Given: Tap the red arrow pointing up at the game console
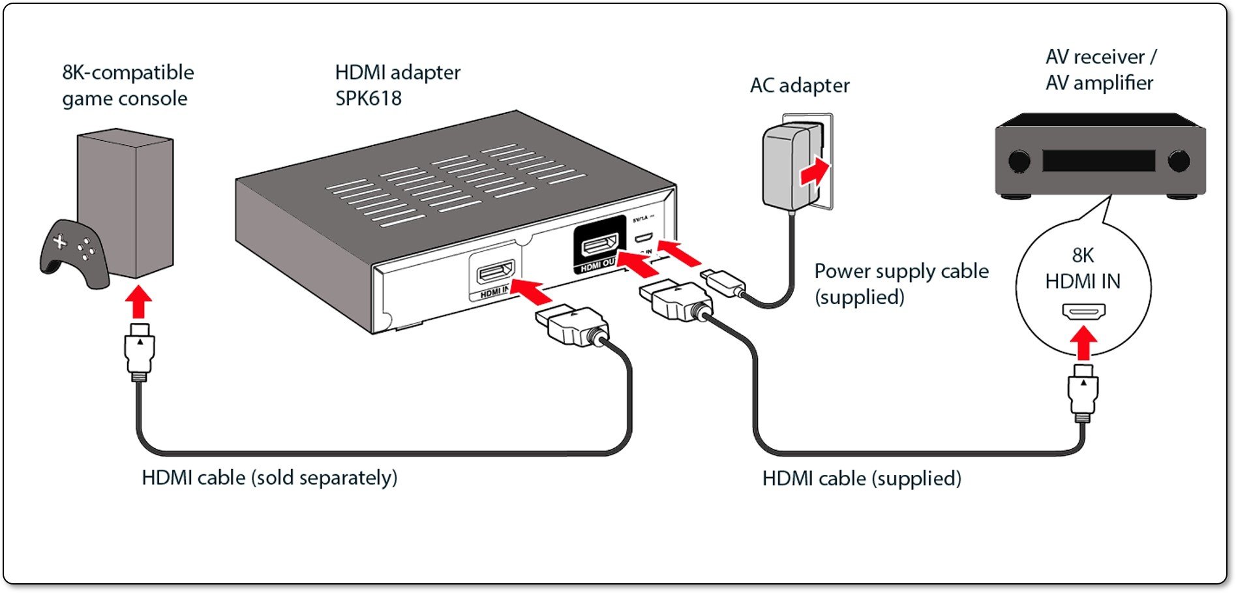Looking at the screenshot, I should [138, 302].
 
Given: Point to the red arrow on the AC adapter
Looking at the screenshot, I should [814, 172].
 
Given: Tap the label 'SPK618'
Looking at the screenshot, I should [368, 99].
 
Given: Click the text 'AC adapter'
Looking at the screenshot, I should [800, 85].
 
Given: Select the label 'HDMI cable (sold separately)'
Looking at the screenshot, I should [269, 478].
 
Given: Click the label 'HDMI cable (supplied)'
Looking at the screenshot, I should [862, 478].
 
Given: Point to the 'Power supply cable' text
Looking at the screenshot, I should [901, 271].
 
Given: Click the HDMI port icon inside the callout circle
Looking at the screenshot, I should [1083, 311].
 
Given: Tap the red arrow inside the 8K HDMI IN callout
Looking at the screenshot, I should [1083, 342].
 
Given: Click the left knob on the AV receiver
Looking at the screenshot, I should [1019, 160].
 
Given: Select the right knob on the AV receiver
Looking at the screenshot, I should [1179, 160].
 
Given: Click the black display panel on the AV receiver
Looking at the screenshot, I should [1098, 160].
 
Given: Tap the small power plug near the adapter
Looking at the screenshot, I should [723, 282].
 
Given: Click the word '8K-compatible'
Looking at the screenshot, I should [128, 72].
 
